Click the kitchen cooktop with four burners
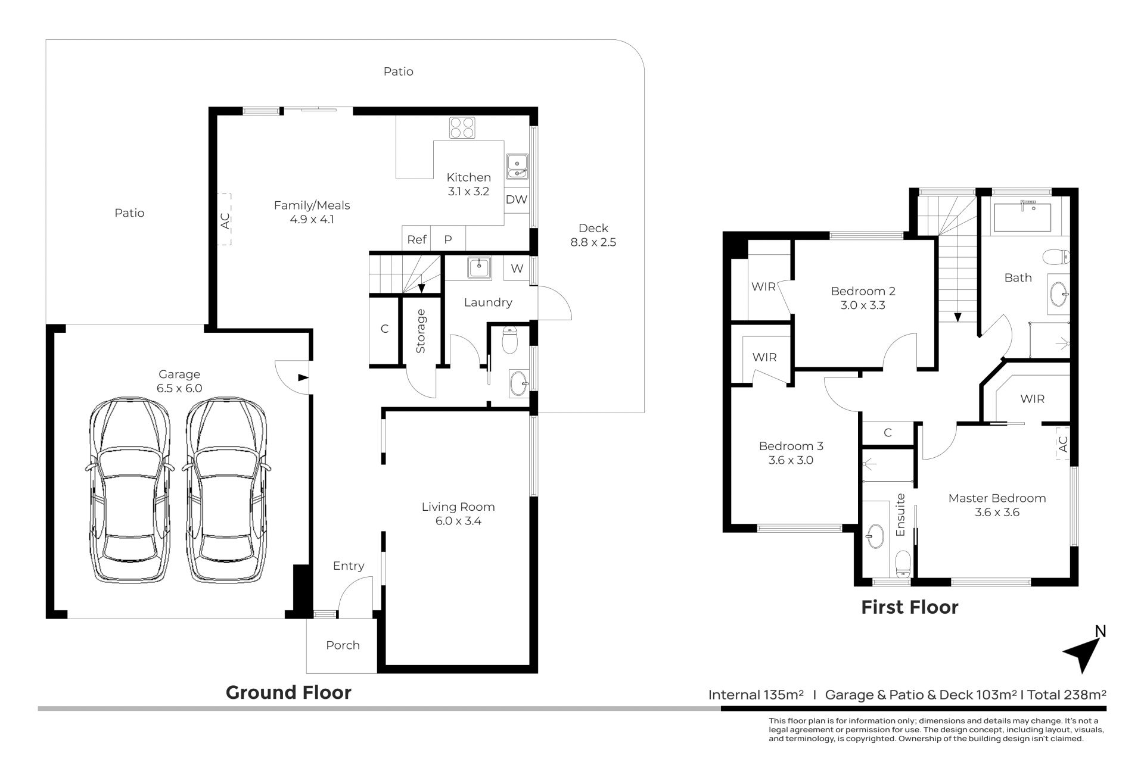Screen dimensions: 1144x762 coord(462,128)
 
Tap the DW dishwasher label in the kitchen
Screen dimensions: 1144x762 coord(517,199)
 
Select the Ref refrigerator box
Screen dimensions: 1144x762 coord(416,239)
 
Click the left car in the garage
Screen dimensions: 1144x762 coord(130,491)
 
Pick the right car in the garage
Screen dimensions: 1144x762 coord(226,491)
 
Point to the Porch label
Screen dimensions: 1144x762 coord(343,645)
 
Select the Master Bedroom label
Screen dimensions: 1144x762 coord(997,498)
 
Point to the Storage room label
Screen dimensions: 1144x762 coord(421,331)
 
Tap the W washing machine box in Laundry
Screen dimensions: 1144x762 coord(517,268)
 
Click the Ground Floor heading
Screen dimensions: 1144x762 coord(288,692)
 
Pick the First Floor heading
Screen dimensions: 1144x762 coord(910,607)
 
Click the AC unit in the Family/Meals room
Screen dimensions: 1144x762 coord(224,219)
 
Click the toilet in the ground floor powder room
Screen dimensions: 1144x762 coord(511,339)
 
